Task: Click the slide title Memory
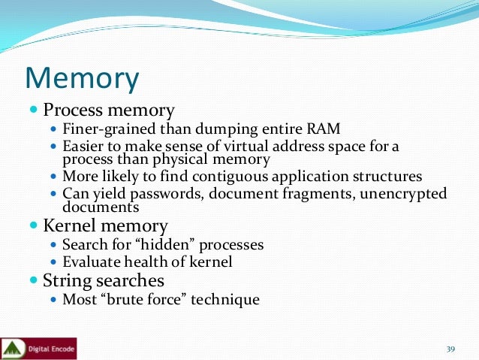click(x=82, y=79)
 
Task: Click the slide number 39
click(x=451, y=349)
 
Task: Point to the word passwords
click(x=162, y=194)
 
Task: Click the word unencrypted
click(x=403, y=194)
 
